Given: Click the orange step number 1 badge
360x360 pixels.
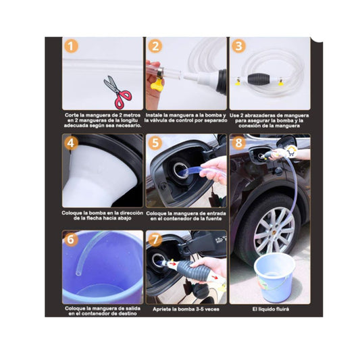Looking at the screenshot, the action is pyautogui.click(x=71, y=47).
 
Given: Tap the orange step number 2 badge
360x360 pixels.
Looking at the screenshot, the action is pyautogui.click(x=155, y=46).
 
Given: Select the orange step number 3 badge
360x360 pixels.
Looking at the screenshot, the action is pyautogui.click(x=238, y=46).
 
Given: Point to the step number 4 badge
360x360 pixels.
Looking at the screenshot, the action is pyautogui.click(x=71, y=143).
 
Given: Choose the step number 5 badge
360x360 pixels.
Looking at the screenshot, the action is pyautogui.click(x=155, y=143).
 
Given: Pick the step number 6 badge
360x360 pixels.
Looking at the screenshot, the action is pyautogui.click(x=71, y=240).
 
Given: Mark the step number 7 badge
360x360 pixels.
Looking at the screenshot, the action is pyautogui.click(x=155, y=240).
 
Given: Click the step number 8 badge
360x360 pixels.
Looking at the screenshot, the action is pyautogui.click(x=238, y=143).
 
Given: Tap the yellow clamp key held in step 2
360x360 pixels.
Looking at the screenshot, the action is pyautogui.click(x=156, y=84).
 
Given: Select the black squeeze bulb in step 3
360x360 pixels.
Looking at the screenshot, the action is pyautogui.click(x=258, y=79).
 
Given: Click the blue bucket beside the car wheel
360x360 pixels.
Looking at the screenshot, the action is pyautogui.click(x=275, y=277).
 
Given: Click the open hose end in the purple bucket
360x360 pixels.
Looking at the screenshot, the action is pyautogui.click(x=78, y=273).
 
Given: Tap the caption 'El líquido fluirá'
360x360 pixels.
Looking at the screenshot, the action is pyautogui.click(x=270, y=309).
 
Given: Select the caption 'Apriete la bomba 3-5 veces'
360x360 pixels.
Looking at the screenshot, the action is pyautogui.click(x=186, y=309).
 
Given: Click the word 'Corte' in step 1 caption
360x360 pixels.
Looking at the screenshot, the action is pyautogui.click(x=72, y=115).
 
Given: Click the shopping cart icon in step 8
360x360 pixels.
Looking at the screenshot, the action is pyautogui.click(x=291, y=152).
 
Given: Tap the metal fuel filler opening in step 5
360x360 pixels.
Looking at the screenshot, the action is pyautogui.click(x=180, y=170).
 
